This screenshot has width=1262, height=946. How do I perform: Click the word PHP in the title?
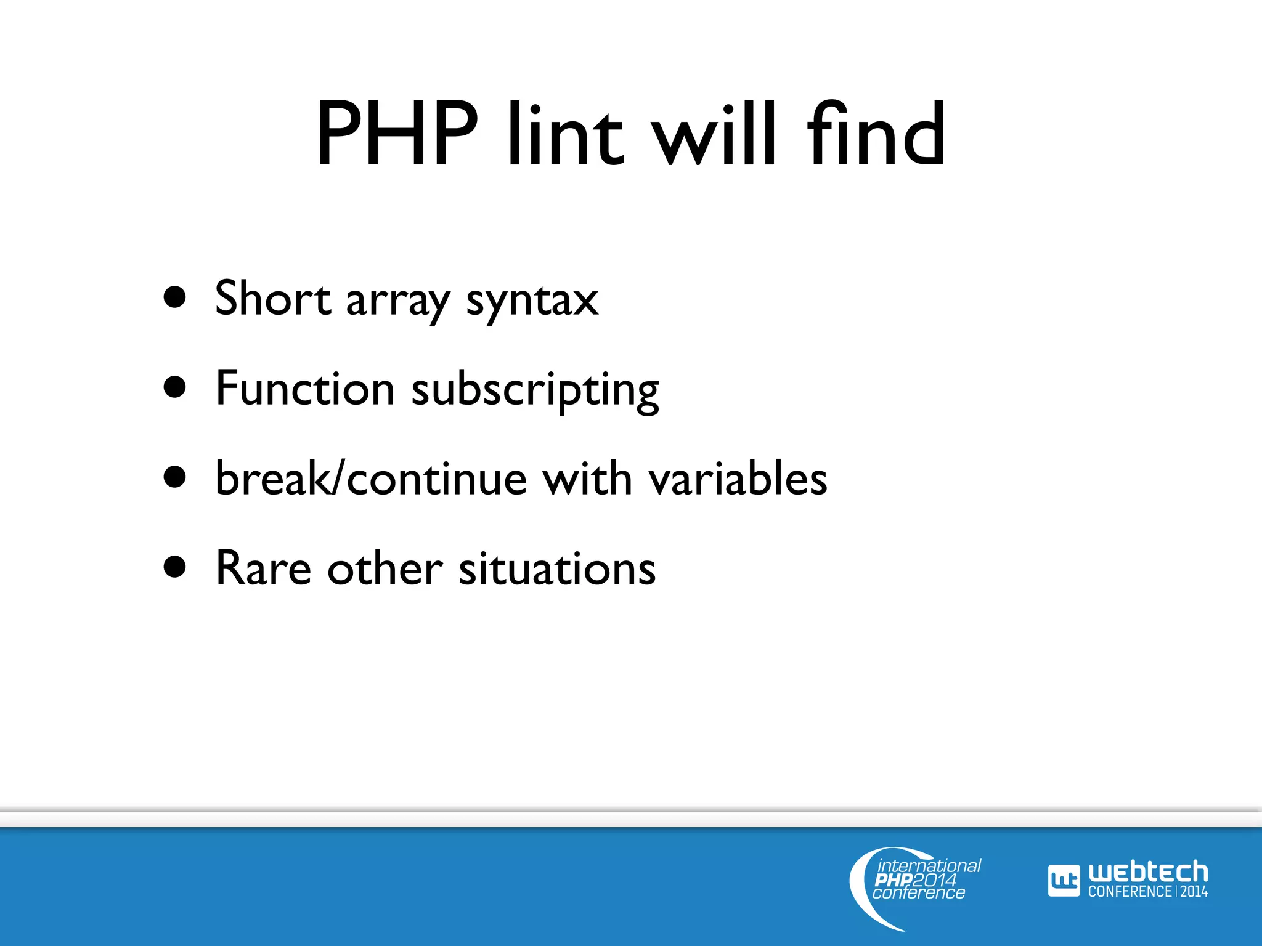click(397, 134)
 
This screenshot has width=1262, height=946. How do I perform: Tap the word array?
click(397, 302)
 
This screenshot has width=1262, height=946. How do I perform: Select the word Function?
click(305, 389)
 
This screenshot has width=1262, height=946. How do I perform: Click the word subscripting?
click(535, 391)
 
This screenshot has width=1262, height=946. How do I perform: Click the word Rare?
click(263, 568)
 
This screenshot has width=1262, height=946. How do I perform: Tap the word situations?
click(557, 568)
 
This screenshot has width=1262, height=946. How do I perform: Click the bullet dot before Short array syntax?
click(175, 297)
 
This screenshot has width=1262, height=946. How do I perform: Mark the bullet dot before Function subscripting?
click(175, 388)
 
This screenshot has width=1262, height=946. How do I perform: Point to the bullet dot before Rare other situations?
click(175, 567)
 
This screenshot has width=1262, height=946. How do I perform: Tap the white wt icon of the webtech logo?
click(1064, 881)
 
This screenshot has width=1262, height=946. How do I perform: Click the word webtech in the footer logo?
click(1147, 872)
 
